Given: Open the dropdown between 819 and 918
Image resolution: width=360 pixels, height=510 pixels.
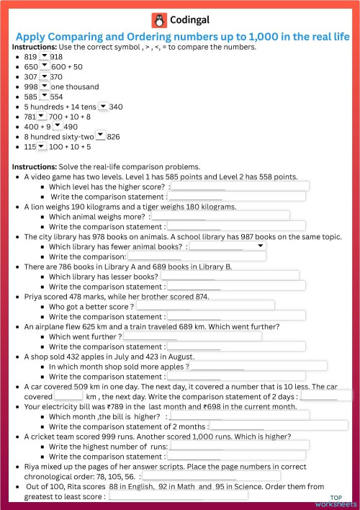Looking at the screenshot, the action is (44, 56).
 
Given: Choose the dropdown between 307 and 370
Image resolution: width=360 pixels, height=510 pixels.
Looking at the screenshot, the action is (44, 76).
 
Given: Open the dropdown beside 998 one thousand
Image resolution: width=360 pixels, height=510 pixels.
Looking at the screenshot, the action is (44, 86).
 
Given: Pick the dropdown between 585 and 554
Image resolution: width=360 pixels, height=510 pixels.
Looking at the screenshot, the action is (44, 97).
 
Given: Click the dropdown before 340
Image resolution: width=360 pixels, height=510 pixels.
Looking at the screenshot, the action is (102, 107).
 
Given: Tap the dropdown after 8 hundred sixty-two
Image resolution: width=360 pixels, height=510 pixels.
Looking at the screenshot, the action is (100, 136).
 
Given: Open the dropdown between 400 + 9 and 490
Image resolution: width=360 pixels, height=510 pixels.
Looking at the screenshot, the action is (57, 126).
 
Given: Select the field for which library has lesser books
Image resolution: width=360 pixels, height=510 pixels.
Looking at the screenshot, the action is (230, 276).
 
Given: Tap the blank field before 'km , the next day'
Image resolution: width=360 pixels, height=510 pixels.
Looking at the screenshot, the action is (68, 396).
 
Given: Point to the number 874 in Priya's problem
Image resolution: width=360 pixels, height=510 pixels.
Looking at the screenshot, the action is (202, 296).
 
